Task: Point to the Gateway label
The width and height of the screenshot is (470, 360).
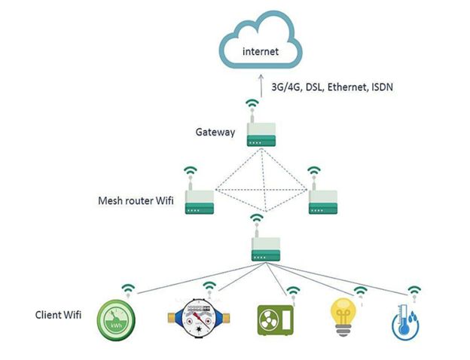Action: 215,133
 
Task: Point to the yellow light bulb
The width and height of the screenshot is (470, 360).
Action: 345,318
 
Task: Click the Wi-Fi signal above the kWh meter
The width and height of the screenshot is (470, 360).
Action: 129,288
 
